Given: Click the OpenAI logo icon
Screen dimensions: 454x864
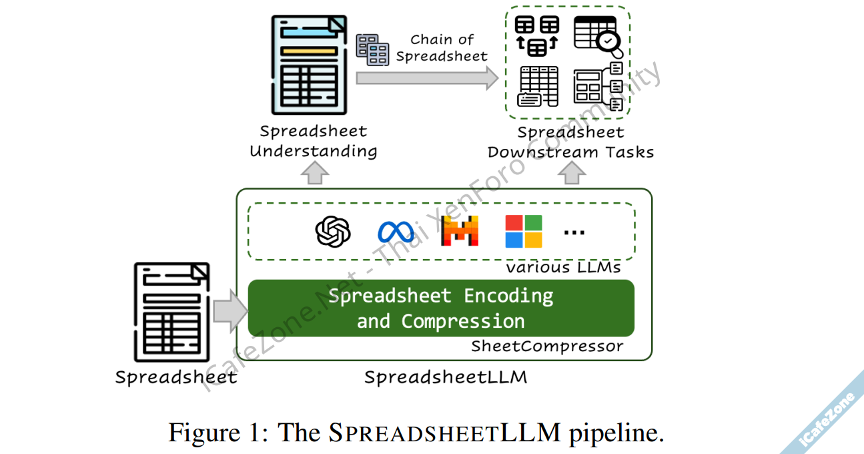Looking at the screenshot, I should (x=333, y=232).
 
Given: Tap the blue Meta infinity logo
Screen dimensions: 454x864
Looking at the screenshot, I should (x=396, y=232).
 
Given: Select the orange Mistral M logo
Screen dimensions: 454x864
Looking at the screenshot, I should (x=460, y=231).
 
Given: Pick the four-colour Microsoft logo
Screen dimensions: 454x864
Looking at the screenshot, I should (x=524, y=231).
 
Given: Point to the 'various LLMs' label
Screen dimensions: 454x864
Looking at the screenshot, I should (x=563, y=268).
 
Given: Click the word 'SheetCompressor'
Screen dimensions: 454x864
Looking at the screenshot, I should (x=547, y=346).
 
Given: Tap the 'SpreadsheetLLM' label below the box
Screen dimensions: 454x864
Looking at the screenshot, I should (x=446, y=377).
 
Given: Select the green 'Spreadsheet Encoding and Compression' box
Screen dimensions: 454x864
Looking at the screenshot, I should (x=440, y=308).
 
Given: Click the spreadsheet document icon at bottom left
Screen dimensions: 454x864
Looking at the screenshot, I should (x=172, y=312).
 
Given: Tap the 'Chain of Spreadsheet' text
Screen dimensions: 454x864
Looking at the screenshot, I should (x=442, y=48).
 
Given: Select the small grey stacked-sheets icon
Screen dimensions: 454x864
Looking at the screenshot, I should (x=372, y=49).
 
